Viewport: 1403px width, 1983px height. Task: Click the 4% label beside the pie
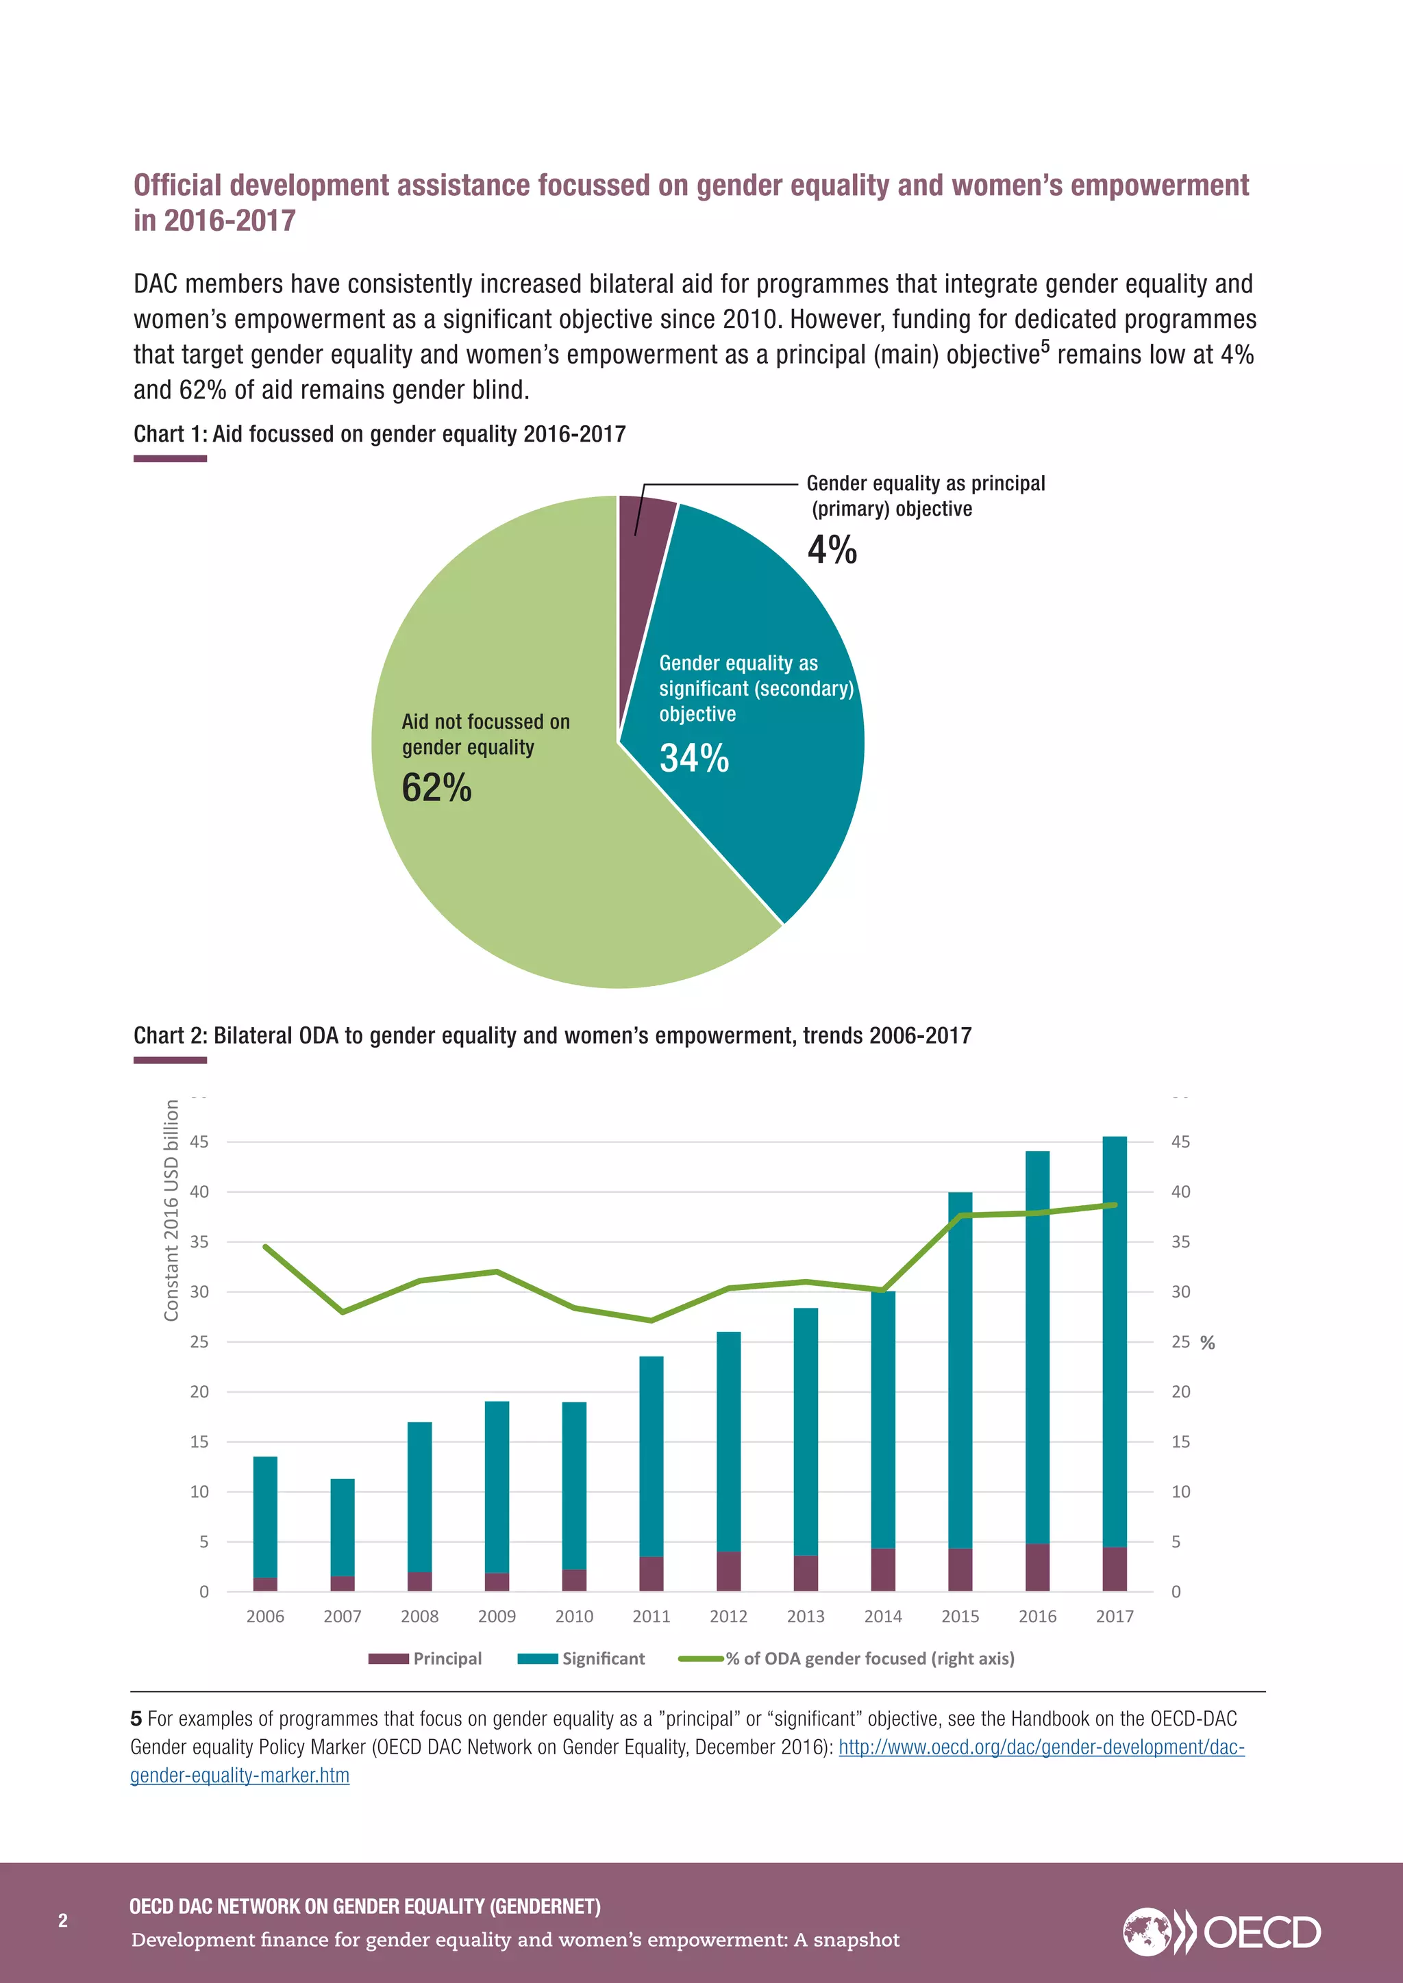(x=832, y=550)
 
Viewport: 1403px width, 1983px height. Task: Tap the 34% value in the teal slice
(x=694, y=758)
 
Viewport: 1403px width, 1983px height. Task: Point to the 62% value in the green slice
(x=436, y=787)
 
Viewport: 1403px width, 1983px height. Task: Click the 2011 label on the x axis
(x=651, y=1616)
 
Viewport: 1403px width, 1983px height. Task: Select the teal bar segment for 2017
(x=1115, y=1339)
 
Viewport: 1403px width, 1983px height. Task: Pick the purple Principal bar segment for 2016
(x=1036, y=1567)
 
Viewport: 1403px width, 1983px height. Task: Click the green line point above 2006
(x=265, y=1246)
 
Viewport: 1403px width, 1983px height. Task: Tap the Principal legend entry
(x=425, y=1658)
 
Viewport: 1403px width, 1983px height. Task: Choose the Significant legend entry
(x=582, y=1658)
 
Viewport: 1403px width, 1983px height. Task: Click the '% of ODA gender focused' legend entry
(x=847, y=1658)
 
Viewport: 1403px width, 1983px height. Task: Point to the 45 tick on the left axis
(x=199, y=1141)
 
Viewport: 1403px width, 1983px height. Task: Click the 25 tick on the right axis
(x=1180, y=1341)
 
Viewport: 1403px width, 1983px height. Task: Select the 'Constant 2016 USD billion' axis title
(x=171, y=1210)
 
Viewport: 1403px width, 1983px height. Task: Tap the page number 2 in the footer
(x=62, y=1920)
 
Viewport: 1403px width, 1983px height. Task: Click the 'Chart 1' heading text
(x=380, y=433)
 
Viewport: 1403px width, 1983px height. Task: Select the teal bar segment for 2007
(x=342, y=1527)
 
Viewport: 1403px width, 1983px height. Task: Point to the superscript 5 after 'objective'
(x=1045, y=346)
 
